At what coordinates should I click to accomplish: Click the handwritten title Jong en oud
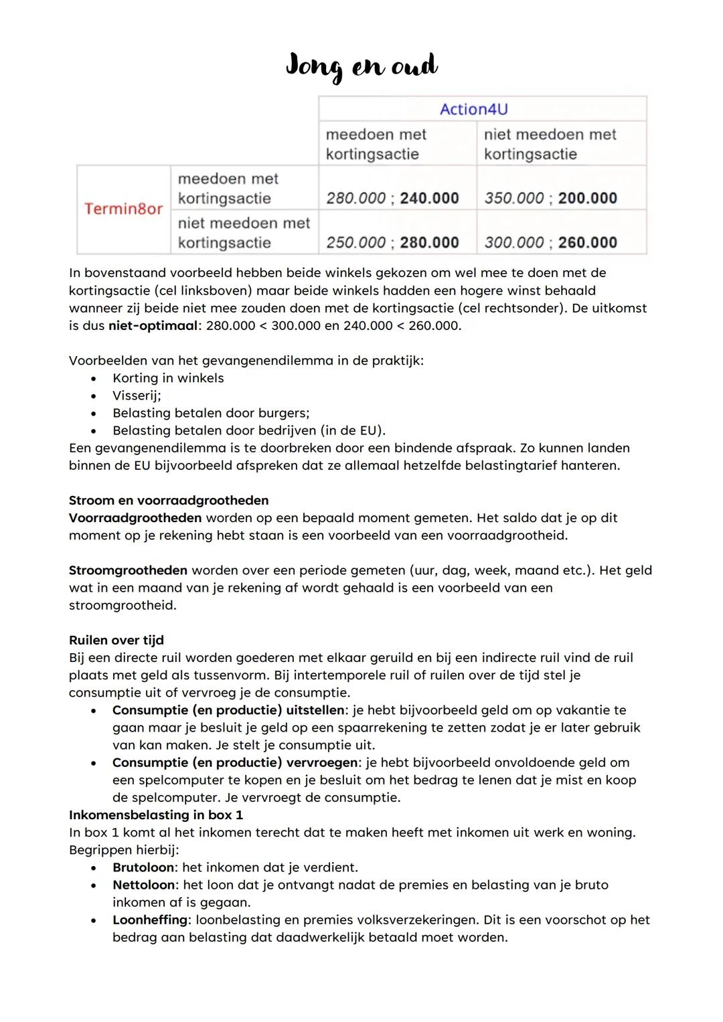[361, 66]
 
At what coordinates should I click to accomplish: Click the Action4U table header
[473, 109]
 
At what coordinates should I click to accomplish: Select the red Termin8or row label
[123, 209]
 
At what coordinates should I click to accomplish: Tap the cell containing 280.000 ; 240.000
[392, 198]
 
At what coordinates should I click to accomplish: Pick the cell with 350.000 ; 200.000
[550, 198]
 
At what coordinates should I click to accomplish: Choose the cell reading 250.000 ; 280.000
[392, 242]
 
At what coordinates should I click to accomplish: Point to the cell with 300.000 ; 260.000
[550, 242]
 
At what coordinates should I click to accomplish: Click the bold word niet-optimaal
[153, 326]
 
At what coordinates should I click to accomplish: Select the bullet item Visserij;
[137, 396]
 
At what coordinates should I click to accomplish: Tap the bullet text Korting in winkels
[168, 378]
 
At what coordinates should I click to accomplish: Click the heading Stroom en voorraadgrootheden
[169, 501]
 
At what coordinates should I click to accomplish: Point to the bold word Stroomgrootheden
[128, 571]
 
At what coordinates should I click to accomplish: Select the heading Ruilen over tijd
[116, 641]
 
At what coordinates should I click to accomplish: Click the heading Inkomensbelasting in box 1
[156, 815]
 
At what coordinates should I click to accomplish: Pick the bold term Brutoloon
[143, 867]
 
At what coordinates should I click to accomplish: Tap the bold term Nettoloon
[143, 885]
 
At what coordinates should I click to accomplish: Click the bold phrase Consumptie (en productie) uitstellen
[228, 710]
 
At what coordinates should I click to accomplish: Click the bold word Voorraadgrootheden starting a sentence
[135, 518]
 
